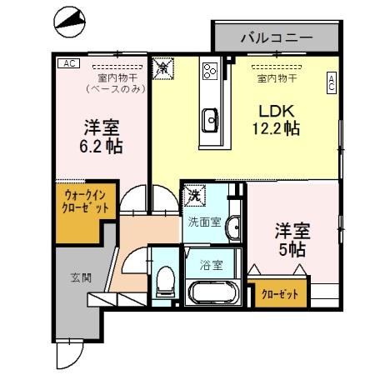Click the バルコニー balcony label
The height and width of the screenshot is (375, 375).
click(x=276, y=37)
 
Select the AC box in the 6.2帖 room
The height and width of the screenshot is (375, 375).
click(x=67, y=62)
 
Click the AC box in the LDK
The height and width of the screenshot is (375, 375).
click(x=331, y=82)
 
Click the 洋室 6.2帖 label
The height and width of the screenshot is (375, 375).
click(x=102, y=138)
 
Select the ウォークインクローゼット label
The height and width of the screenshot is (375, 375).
click(x=86, y=202)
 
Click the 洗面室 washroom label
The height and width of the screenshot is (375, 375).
click(x=203, y=222)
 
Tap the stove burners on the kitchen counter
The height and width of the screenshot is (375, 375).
click(x=209, y=71)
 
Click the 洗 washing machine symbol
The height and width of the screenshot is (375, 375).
click(x=195, y=195)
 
